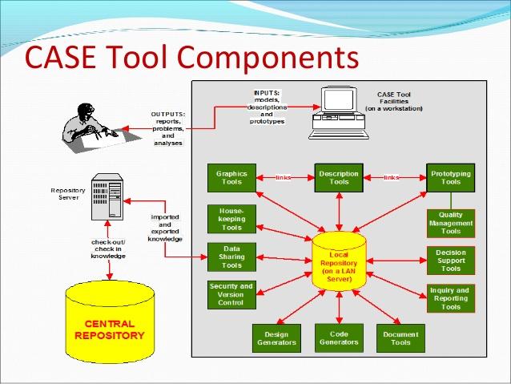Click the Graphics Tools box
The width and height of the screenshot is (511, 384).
[x=231, y=178]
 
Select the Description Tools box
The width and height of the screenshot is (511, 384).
[x=339, y=178]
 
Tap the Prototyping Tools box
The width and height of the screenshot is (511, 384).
[x=451, y=178]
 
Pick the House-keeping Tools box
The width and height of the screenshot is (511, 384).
[x=231, y=219]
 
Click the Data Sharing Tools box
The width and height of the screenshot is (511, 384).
[x=231, y=257]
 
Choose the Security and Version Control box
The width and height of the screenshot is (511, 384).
[x=231, y=294]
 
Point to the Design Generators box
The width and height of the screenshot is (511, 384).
[x=276, y=338]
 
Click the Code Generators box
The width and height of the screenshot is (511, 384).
[x=339, y=338]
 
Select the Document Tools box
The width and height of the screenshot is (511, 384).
[x=400, y=338]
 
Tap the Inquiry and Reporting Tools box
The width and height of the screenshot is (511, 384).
[x=451, y=298]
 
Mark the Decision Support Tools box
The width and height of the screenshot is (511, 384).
[x=451, y=261]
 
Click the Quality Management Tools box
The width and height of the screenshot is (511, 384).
[x=451, y=223]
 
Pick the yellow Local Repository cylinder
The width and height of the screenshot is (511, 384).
[x=339, y=261]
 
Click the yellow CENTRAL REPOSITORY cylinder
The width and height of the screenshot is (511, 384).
[x=110, y=322]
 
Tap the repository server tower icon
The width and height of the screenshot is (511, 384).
[x=107, y=196]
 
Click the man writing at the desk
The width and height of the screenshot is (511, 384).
[x=98, y=128]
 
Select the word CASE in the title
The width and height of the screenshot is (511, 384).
[x=60, y=57]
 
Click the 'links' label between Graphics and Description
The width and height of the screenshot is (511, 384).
[x=284, y=178]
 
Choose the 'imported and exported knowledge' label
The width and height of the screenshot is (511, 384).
[x=165, y=228]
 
